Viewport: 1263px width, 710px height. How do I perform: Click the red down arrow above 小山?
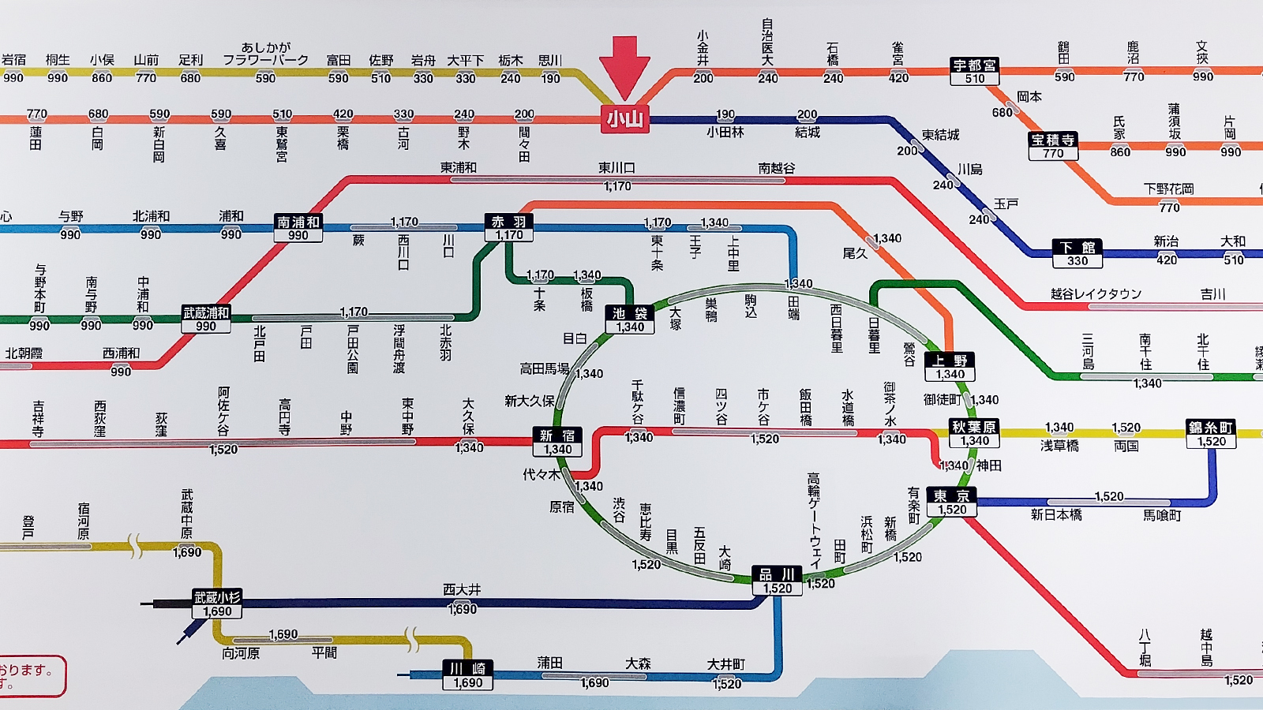(x=624, y=66)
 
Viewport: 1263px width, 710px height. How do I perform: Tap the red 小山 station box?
(x=624, y=119)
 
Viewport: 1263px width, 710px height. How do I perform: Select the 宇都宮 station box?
(x=975, y=72)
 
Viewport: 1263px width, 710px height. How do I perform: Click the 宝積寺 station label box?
(x=1053, y=146)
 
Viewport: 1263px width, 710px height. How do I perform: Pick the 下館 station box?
(x=1077, y=254)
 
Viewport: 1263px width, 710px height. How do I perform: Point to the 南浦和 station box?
(x=298, y=228)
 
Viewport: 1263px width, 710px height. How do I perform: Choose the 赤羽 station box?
(x=509, y=228)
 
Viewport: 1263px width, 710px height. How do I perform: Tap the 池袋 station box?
(x=630, y=319)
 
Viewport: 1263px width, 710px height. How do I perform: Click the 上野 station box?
(x=950, y=367)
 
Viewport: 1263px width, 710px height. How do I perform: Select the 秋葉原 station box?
(x=974, y=433)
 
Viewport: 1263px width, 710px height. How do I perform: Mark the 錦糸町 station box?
(x=1211, y=434)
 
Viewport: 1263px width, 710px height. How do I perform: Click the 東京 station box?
(x=952, y=503)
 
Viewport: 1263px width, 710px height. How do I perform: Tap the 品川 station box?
(x=778, y=581)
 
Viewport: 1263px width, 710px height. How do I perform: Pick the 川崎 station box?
(x=467, y=675)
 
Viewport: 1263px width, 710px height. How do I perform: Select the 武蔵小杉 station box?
(x=217, y=603)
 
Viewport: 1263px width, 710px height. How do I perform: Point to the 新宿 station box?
(x=557, y=443)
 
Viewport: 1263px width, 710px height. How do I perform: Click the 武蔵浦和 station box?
(x=206, y=319)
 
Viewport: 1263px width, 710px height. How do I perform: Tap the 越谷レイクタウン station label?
(x=1096, y=293)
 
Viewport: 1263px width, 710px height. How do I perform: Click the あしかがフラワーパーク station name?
(x=265, y=54)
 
